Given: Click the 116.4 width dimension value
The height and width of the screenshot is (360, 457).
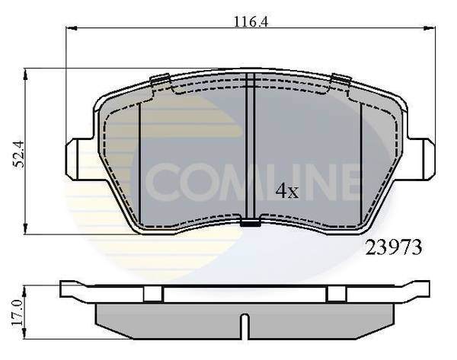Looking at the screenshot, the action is click(x=251, y=21).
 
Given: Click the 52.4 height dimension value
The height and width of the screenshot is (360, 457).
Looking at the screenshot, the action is click(x=18, y=154).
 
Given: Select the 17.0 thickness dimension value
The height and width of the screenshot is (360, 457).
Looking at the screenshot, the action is click(x=18, y=313).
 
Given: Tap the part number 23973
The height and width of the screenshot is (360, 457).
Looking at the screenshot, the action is click(x=394, y=247).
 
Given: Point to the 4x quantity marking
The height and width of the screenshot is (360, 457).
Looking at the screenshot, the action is click(x=287, y=191).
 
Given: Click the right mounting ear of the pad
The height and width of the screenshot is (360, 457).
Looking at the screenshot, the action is click(x=421, y=158).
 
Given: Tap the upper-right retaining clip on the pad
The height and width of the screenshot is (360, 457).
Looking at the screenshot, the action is click(x=340, y=79).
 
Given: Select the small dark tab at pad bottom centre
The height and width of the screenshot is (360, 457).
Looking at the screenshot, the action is click(x=251, y=224).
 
